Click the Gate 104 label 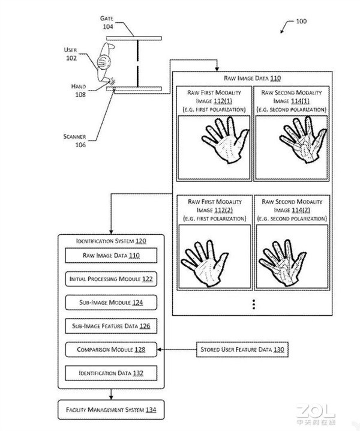(x=107, y=23)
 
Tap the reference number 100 (x=301, y=21)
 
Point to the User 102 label (x=71, y=54)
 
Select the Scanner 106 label (x=75, y=140)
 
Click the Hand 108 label (x=79, y=91)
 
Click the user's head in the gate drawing (x=104, y=62)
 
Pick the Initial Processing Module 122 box (x=111, y=279)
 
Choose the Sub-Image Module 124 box (x=111, y=303)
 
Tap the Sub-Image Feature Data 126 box (x=111, y=326)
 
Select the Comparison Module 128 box (x=111, y=349)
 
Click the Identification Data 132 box (x=111, y=373)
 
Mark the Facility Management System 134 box (x=111, y=410)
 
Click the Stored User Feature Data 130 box (x=242, y=349)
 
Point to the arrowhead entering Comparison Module (x=160, y=349)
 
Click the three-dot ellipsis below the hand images (x=254, y=304)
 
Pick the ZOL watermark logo (x=316, y=415)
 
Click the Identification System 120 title (x=111, y=241)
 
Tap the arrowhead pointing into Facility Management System (x=111, y=397)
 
